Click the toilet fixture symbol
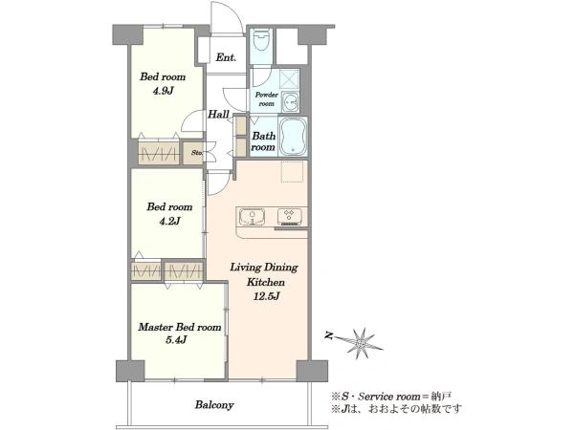(261, 40)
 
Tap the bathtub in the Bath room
(293, 137)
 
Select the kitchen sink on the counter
(252, 216)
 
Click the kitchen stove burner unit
(289, 216)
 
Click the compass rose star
(362, 343)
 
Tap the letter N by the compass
(329, 335)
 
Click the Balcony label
(214, 405)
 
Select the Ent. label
(226, 57)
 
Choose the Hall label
(218, 115)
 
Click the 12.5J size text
(267, 296)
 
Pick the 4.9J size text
(163, 91)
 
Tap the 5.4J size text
(176, 340)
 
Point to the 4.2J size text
(169, 221)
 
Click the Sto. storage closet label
(196, 153)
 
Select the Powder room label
(267, 99)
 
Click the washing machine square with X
(289, 79)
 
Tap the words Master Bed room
(180, 327)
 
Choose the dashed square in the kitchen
(292, 171)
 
